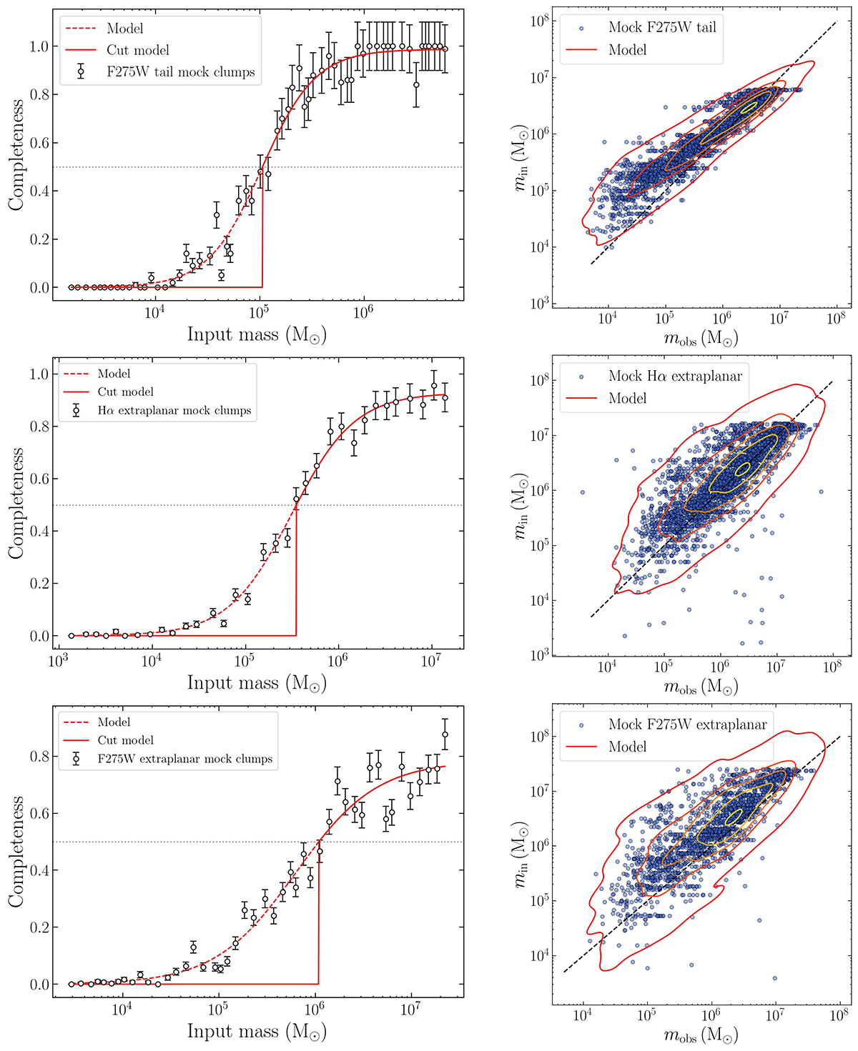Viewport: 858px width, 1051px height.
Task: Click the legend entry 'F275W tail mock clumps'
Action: tap(180, 72)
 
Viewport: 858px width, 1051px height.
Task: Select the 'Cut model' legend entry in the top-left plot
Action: tap(138, 50)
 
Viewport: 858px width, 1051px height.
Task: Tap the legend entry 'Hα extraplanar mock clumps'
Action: tap(174, 411)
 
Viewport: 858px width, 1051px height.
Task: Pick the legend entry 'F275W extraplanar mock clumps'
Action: tap(184, 759)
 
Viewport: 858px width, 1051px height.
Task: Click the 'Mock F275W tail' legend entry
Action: tap(661, 28)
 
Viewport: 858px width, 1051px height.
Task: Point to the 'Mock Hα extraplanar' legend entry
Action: tap(675, 376)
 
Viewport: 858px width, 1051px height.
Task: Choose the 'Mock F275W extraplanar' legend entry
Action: tap(687, 724)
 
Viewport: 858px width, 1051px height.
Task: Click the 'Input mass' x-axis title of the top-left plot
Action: tap(257, 334)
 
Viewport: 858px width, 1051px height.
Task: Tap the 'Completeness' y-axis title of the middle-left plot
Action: tap(16, 504)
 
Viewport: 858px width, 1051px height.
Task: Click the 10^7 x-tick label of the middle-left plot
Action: tap(430, 659)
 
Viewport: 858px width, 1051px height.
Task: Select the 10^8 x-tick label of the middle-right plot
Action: tap(832, 668)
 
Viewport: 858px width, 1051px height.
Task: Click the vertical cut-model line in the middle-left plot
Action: tap(296, 572)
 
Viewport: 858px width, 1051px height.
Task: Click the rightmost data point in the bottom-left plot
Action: tap(445, 734)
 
